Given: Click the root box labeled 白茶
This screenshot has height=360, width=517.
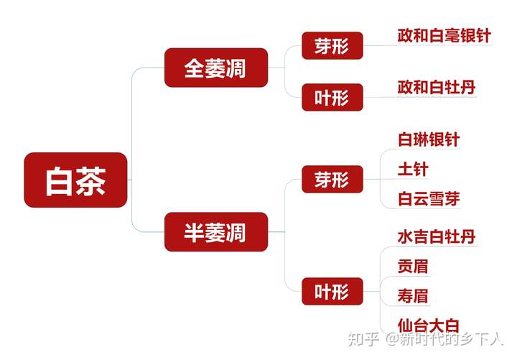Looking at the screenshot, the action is (x=75, y=180).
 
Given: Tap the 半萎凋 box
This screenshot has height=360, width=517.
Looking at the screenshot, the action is (x=215, y=232).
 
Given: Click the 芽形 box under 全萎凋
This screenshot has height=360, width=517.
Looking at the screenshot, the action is (x=332, y=47).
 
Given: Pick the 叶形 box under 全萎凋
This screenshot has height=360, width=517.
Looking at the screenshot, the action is (x=332, y=97).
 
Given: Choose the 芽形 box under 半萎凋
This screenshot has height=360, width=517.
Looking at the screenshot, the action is (x=332, y=180).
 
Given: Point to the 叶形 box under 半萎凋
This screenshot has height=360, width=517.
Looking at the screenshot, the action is (x=332, y=291).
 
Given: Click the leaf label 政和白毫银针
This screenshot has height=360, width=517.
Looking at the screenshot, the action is (x=444, y=36).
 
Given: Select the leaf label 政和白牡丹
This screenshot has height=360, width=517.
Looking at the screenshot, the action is (x=436, y=88).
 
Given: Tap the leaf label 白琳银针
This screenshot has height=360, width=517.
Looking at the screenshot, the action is (x=428, y=139).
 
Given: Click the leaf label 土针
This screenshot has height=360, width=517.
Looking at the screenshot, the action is (x=413, y=169).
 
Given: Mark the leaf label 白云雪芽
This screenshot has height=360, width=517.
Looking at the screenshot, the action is (x=428, y=199).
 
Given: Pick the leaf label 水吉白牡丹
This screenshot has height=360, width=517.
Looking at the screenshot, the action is (x=436, y=236).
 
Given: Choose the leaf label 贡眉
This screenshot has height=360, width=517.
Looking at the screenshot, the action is (x=413, y=266).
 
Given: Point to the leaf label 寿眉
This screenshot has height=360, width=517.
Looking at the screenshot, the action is (x=413, y=295).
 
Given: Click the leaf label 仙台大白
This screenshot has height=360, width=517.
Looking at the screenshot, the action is (x=428, y=325).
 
